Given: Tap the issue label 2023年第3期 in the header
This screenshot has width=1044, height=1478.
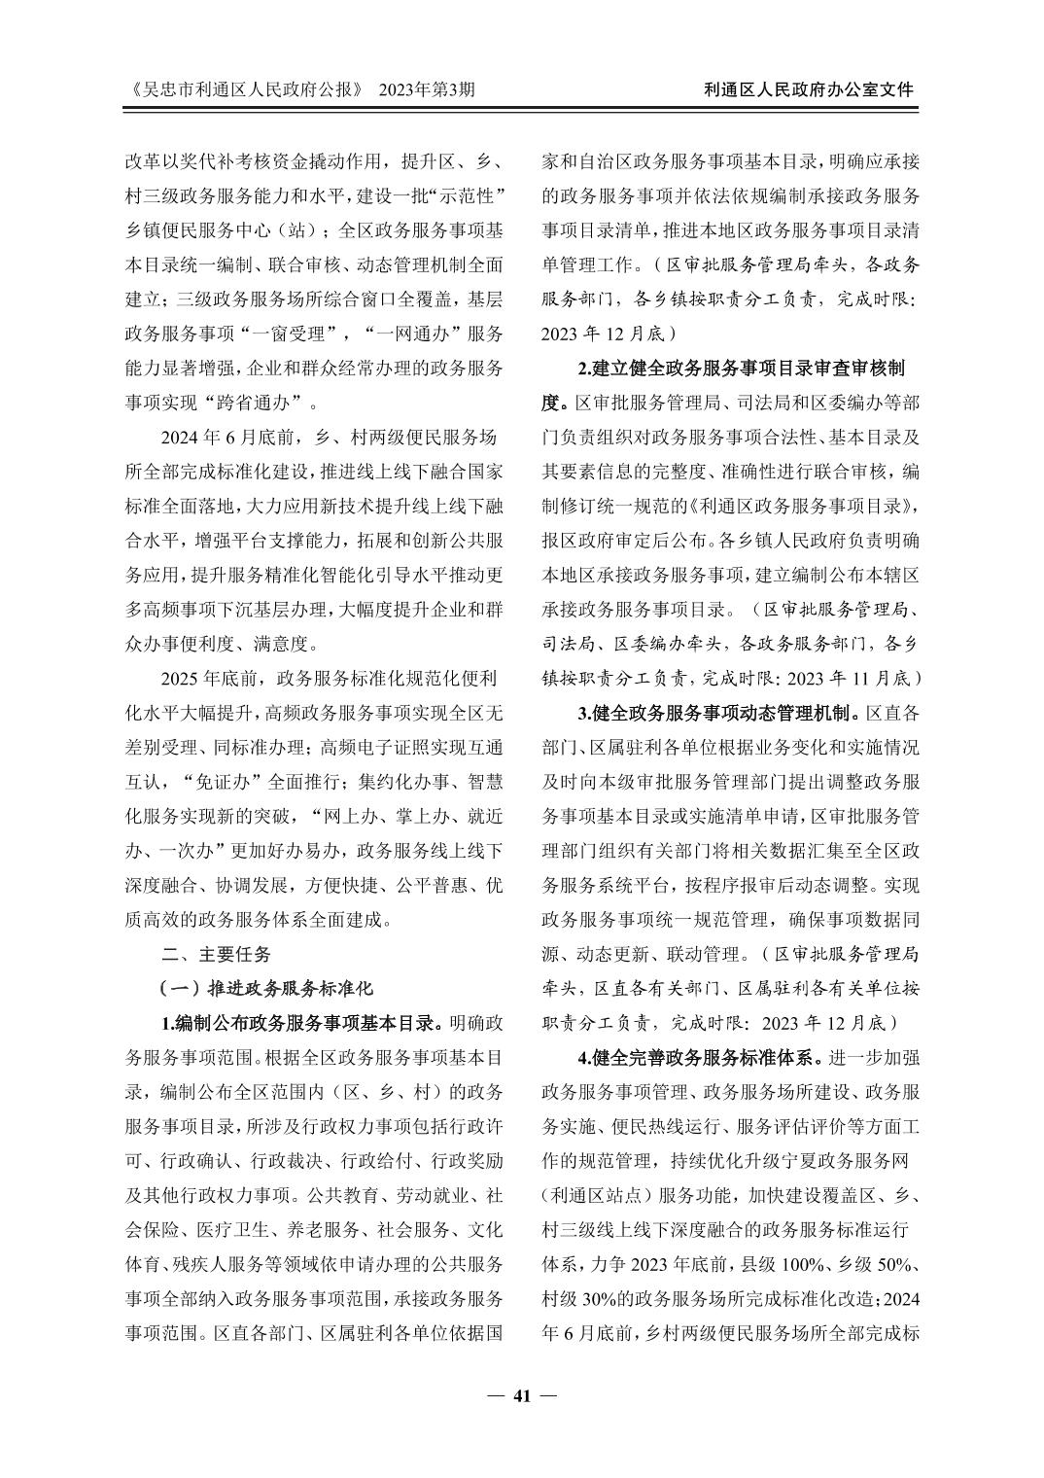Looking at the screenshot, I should tap(428, 89).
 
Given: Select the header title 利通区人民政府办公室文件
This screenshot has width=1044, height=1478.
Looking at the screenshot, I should tap(809, 89).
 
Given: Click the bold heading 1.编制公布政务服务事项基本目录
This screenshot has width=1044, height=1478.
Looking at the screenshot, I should tap(302, 1024).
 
